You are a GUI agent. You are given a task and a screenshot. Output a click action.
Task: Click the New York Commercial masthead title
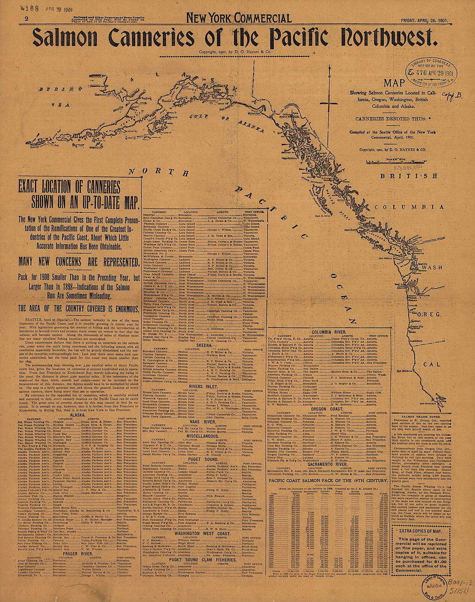coord(239,18)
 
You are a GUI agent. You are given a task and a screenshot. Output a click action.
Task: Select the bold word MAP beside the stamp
coord(395,83)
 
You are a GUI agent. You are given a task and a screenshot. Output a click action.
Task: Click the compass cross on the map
coord(329,103)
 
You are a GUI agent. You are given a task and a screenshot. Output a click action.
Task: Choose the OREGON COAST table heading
coord(328,409)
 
